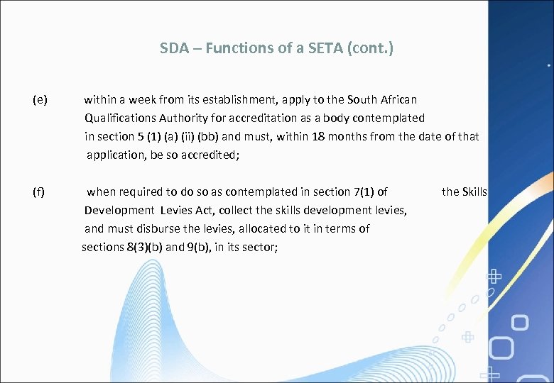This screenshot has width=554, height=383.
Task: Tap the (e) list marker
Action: (40, 99)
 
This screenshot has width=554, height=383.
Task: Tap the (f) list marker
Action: (40, 191)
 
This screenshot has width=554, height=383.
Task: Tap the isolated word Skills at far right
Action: (474, 191)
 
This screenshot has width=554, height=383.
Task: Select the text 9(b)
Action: (201, 247)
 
